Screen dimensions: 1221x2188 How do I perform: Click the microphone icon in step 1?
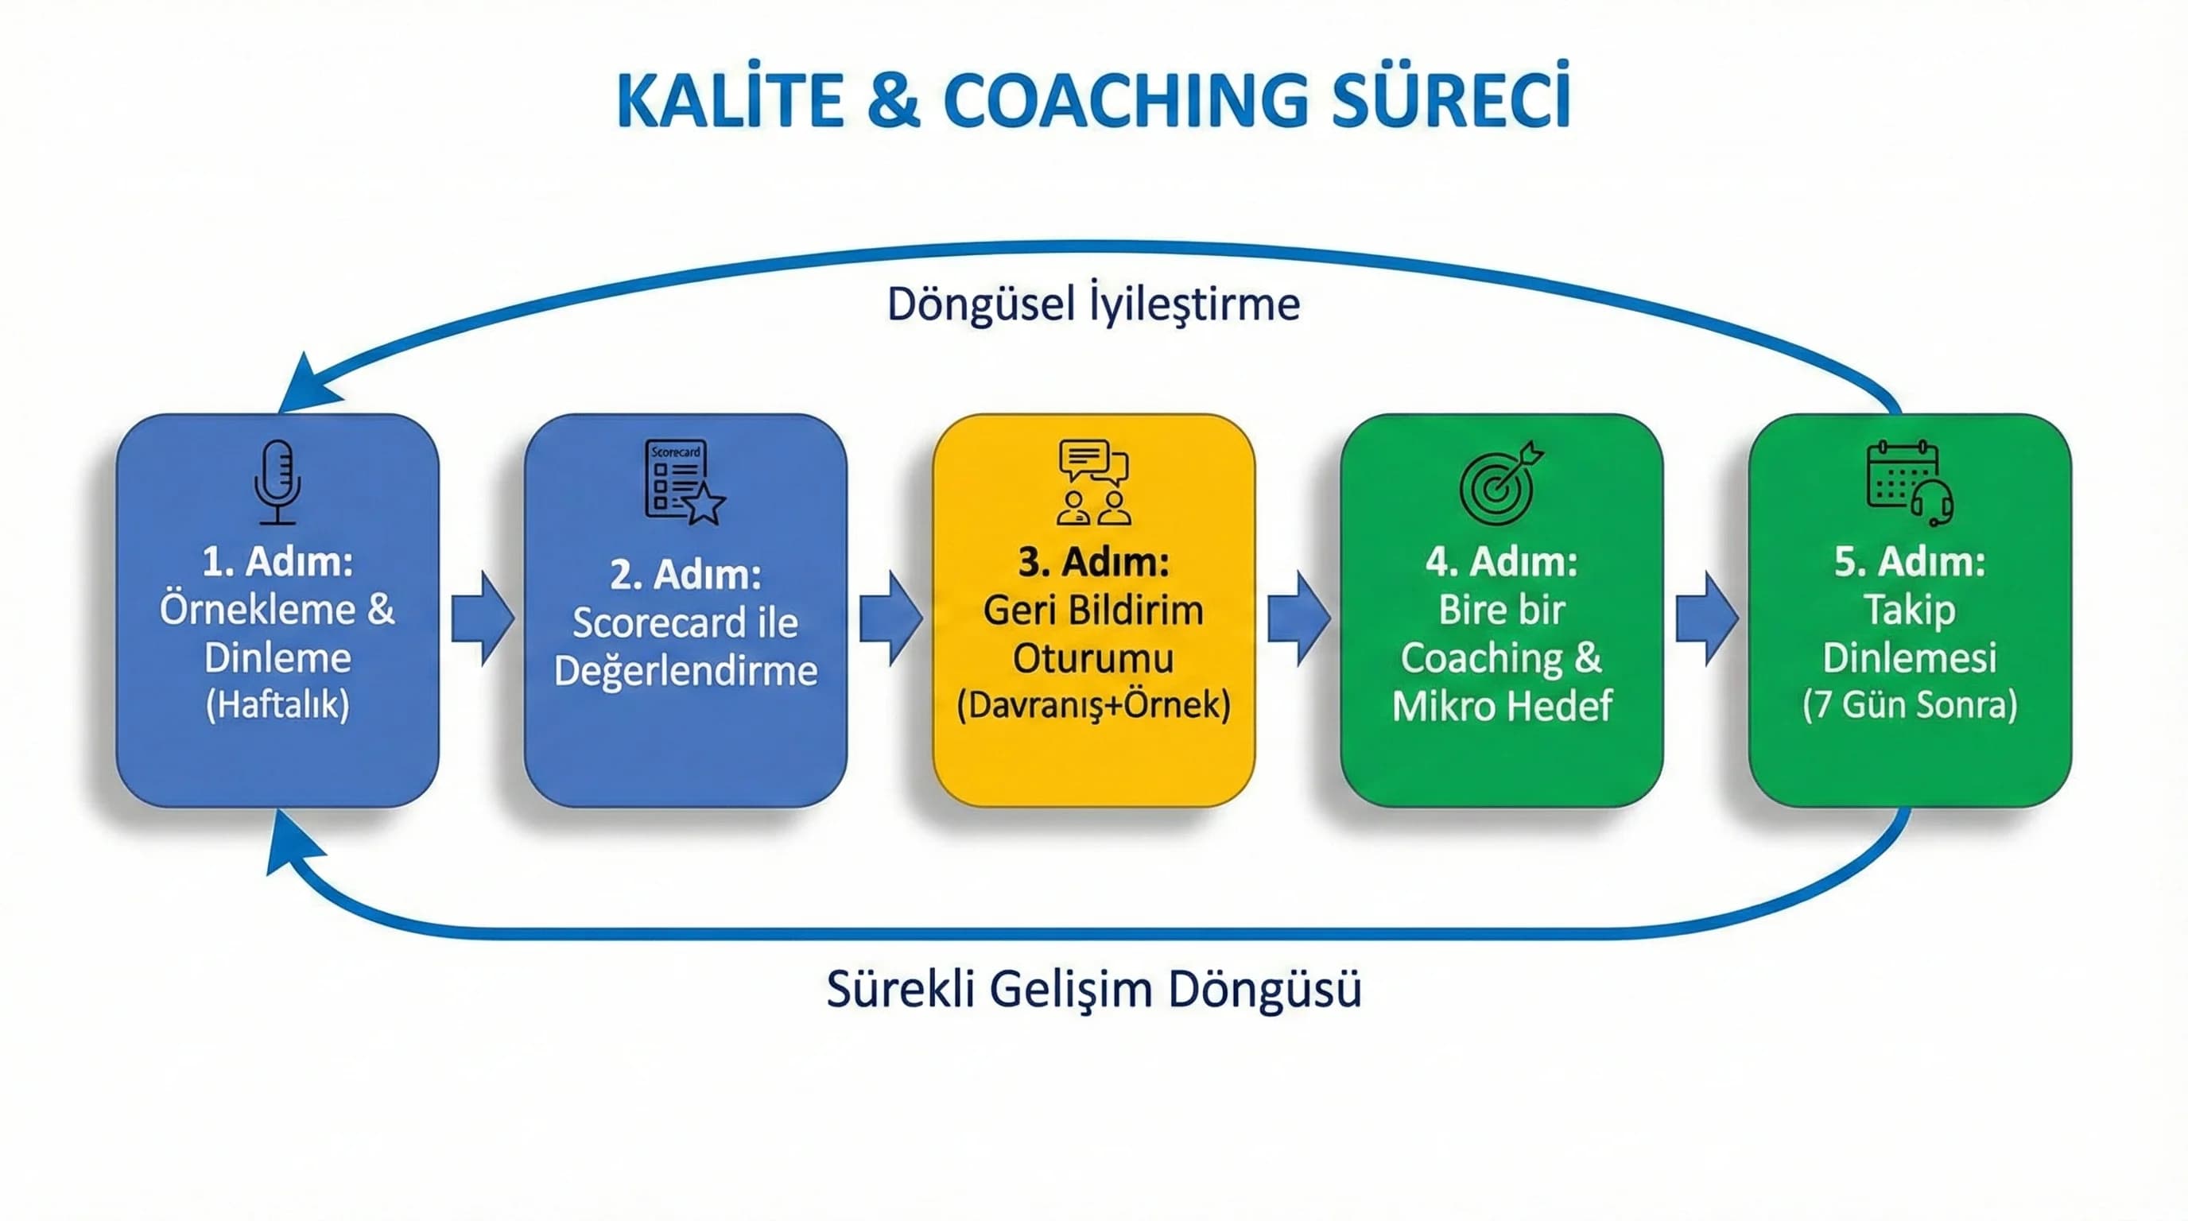pos(277,483)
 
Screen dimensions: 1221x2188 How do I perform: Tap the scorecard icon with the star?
pos(684,482)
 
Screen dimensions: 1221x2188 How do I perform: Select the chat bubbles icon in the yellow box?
pos(1093,482)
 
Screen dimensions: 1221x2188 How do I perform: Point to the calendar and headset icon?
pos(1910,483)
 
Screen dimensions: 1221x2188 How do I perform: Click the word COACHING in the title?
pos(1126,101)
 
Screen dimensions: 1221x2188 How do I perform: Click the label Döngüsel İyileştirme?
pos(1093,304)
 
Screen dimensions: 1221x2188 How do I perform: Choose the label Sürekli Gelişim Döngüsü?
pos(1093,989)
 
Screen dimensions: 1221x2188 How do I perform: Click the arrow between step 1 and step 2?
pos(482,618)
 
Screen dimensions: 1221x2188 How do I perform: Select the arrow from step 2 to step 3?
pos(890,618)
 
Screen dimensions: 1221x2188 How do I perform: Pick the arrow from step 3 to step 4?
pos(1298,618)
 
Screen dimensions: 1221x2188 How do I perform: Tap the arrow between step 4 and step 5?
pos(1705,618)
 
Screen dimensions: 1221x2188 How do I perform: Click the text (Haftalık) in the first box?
pos(277,705)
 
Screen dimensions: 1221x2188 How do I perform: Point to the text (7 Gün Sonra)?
pos(1910,705)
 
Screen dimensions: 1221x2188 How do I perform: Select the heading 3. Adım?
pos(1093,562)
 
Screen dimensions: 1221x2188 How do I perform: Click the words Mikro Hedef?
pos(1501,707)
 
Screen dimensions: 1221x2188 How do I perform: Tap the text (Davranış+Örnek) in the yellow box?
pos(1093,706)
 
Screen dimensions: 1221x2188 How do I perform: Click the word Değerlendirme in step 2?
pos(685,672)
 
